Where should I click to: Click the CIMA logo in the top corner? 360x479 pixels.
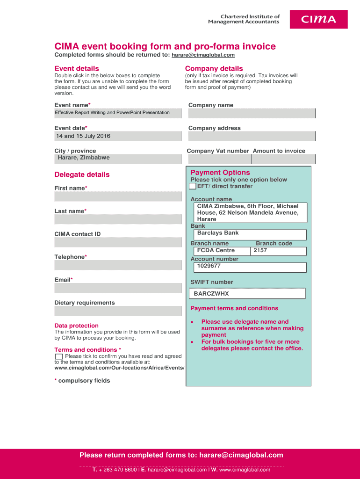[x=318, y=19]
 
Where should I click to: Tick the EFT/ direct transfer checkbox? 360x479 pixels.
[x=193, y=186]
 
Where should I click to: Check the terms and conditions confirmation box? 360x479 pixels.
[x=59, y=356]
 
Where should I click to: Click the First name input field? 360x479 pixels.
[x=117, y=196]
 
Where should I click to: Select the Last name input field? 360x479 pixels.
[x=117, y=219]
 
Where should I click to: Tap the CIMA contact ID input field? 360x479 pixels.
[x=117, y=242]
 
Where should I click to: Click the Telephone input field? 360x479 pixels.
[x=117, y=265]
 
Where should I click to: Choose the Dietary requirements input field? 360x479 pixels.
[x=117, y=311]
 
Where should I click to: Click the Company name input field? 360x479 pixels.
[x=252, y=113]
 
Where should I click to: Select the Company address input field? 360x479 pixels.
[x=252, y=136]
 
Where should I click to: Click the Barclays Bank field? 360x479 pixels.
[x=248, y=234]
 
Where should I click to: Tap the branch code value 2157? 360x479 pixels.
[x=279, y=251]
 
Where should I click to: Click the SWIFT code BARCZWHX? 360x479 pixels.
[x=247, y=294]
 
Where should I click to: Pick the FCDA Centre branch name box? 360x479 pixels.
[x=220, y=251]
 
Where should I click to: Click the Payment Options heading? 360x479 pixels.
[x=220, y=173]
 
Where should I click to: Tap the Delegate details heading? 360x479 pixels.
[x=82, y=174]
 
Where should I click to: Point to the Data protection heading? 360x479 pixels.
[x=76, y=326]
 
